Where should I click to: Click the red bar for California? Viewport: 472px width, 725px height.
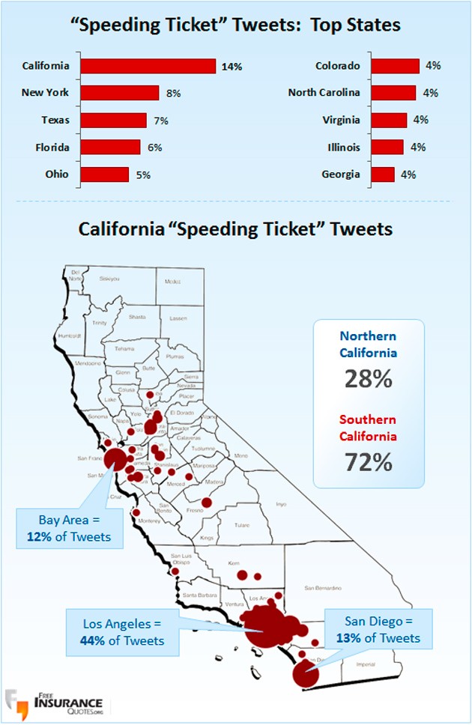(148, 66)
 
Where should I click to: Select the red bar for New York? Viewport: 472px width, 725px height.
(119, 93)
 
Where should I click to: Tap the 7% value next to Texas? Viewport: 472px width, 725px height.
(161, 120)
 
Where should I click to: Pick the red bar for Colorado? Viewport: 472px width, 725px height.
(395, 66)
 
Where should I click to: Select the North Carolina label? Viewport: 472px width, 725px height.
(324, 93)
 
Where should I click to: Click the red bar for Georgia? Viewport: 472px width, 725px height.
(382, 175)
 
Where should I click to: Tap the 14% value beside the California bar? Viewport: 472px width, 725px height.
(232, 67)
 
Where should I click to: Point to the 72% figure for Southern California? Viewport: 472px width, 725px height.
(368, 462)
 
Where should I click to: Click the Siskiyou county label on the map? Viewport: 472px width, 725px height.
(109, 279)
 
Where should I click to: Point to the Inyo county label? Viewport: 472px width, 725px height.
(281, 504)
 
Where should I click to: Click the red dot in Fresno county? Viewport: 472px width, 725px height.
(207, 503)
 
